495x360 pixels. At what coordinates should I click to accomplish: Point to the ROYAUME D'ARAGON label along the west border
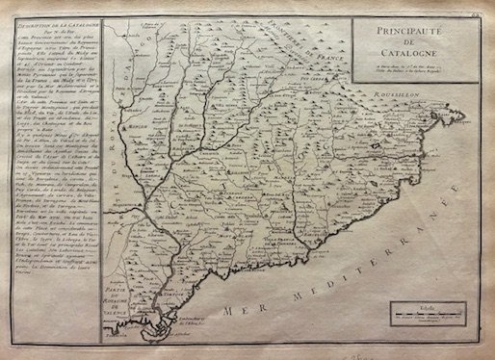(119, 144)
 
